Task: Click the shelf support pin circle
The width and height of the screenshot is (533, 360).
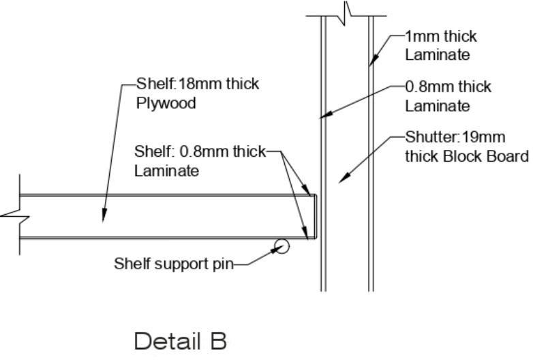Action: pos(281,245)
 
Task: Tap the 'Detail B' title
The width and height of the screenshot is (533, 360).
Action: pos(180,340)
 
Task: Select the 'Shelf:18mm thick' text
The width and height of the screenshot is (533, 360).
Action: pos(198,85)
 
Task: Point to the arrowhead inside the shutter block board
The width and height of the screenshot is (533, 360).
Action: pos(342,179)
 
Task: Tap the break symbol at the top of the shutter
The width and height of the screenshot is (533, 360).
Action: pos(347,12)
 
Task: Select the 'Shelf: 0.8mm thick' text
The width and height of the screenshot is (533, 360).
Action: pos(200,151)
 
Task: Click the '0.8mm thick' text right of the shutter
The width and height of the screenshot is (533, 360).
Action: pos(448,87)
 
